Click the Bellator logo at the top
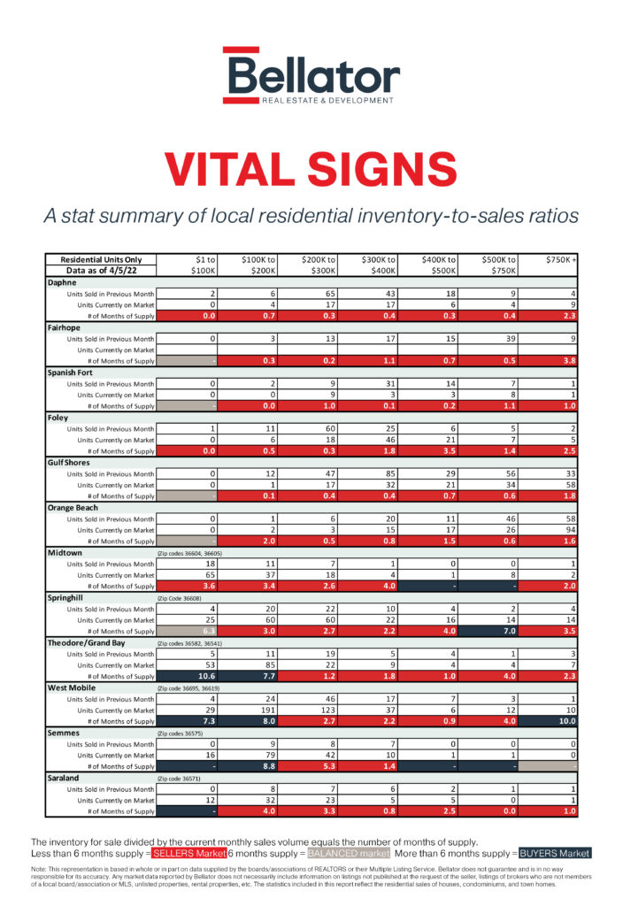coord(311,75)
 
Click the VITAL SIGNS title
coord(311,168)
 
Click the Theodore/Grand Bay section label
coord(89,642)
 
